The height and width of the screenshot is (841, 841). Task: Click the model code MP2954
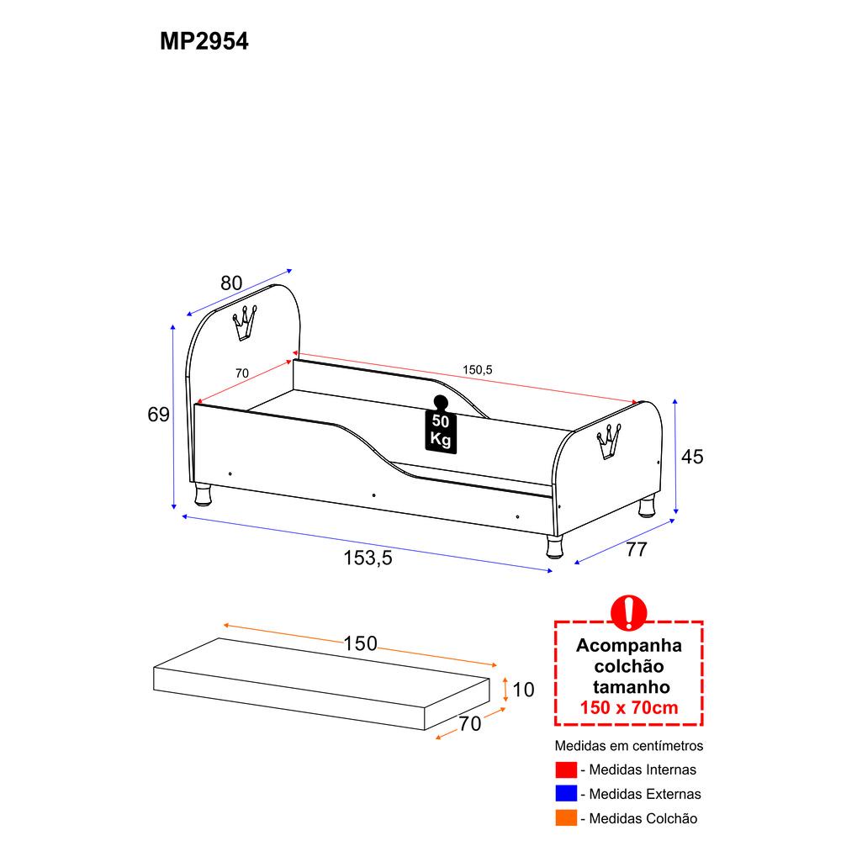(x=204, y=41)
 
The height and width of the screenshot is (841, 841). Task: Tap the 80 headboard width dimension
(x=231, y=283)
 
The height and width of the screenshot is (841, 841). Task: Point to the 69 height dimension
(x=158, y=414)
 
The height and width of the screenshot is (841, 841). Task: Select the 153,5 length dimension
(x=368, y=558)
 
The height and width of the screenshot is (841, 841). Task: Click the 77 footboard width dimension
(x=637, y=549)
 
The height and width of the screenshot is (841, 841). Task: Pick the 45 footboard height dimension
(x=692, y=457)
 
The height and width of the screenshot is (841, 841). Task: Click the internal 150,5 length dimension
(x=478, y=369)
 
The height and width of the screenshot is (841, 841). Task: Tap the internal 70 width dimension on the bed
(x=242, y=373)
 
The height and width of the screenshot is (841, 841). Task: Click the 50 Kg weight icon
(x=441, y=425)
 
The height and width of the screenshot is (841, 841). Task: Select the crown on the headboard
(x=244, y=323)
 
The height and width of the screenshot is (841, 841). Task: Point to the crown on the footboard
(x=609, y=442)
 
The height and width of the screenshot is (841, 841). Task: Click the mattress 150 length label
(x=361, y=643)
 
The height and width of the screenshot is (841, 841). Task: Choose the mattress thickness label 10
(x=523, y=690)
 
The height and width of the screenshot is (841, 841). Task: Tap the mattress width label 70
(x=470, y=723)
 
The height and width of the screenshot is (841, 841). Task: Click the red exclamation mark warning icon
(x=628, y=612)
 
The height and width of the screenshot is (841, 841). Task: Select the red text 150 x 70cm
(x=628, y=707)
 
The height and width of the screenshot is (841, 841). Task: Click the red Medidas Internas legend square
(x=566, y=770)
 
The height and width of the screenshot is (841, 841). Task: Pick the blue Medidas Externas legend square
(x=566, y=793)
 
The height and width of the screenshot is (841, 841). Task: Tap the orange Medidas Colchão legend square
(x=566, y=818)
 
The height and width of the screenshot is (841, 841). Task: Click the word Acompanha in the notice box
(x=628, y=646)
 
